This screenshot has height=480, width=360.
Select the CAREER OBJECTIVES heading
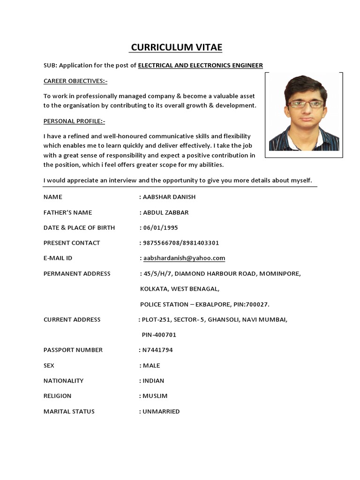[75, 81]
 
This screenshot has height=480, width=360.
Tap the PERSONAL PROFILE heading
[75, 121]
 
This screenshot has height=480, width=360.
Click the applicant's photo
[304, 115]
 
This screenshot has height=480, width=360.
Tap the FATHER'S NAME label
[67, 212]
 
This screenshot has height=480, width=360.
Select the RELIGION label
[58, 396]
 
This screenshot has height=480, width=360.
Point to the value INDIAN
[153, 381]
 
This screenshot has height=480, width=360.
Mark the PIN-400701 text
[159, 335]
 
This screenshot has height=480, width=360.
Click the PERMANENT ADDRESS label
[77, 274]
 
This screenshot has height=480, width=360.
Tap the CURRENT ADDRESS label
[72, 320]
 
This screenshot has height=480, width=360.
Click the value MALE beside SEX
[151, 366]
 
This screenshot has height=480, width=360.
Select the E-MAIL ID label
[58, 258]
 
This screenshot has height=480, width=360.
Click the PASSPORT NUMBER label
[73, 350]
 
